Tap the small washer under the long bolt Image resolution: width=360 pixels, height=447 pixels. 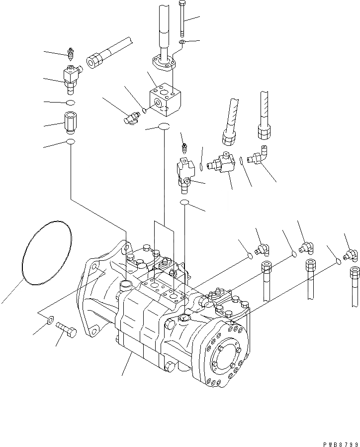tap(182, 44)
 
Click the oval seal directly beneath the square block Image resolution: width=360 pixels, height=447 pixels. tap(165, 127)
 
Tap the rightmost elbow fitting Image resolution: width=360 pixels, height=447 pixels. tap(351, 255)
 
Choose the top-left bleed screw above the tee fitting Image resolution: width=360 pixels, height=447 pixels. tap(71, 53)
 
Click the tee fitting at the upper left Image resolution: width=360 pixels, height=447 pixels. tap(71, 77)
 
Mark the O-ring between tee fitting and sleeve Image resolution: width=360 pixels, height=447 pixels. tap(70, 103)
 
